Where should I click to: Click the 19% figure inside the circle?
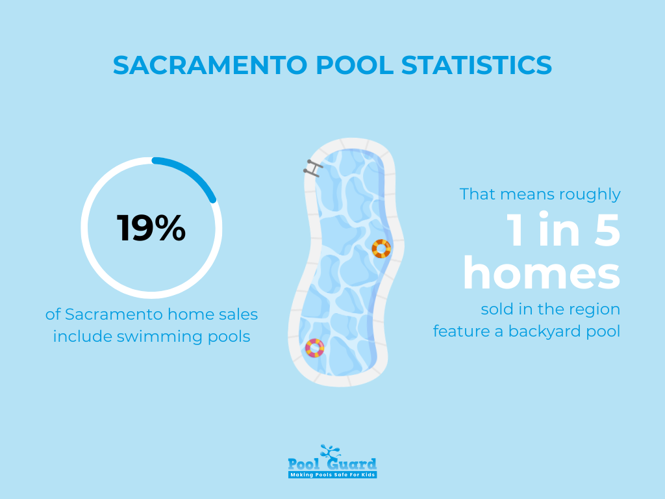tap(151, 228)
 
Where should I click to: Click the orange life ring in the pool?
tap(381, 248)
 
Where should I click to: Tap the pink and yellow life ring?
tap(315, 348)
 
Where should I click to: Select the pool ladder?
tap(314, 168)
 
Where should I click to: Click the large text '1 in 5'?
tap(564, 231)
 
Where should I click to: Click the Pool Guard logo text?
tap(332, 464)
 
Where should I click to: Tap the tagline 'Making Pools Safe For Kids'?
tap(332, 475)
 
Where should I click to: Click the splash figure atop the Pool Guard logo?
tap(331, 451)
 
